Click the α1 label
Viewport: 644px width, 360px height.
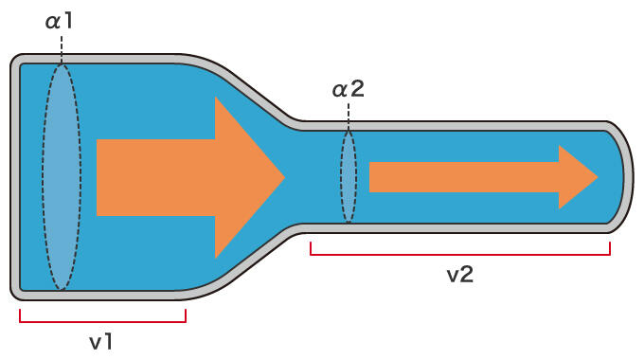59,21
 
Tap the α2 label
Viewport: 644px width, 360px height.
348,89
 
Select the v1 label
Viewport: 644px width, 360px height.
101,342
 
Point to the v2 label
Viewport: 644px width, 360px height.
460,274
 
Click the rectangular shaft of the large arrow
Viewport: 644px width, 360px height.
156,177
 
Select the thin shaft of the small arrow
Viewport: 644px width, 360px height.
464,177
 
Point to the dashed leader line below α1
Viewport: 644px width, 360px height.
62,49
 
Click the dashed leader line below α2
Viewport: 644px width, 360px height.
349,117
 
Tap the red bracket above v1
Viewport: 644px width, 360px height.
102,321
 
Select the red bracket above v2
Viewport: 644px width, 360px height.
460,255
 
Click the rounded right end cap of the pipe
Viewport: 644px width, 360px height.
629,177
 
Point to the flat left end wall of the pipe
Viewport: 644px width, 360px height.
15,177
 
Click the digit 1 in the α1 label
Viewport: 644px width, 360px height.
68,21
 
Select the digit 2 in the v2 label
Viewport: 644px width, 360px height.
467,274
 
